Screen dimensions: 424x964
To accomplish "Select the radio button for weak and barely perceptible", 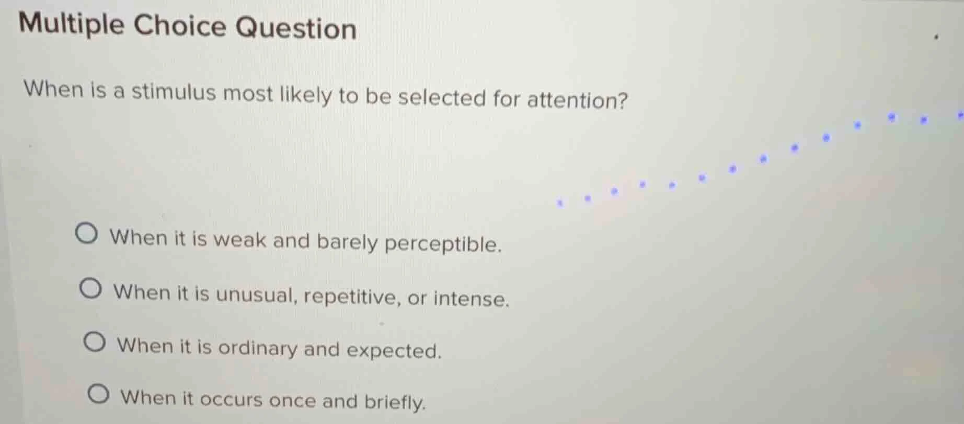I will coord(86,234).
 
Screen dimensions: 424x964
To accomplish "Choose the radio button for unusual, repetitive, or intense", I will coord(90,289).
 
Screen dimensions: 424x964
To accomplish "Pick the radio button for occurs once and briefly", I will coord(98,394).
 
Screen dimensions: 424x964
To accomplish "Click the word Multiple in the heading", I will coord(72,24).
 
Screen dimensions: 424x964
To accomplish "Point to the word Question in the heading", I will coord(296,28).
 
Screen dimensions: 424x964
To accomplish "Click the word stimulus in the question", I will coord(173,92).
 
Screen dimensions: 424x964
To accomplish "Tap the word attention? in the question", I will coord(577,99).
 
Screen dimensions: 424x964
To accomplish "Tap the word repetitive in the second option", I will coord(352,297).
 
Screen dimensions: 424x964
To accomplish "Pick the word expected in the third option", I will coord(394,350).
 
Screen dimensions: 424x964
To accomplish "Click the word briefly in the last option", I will coord(395,402).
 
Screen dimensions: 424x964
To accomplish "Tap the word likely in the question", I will coord(305,95).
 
